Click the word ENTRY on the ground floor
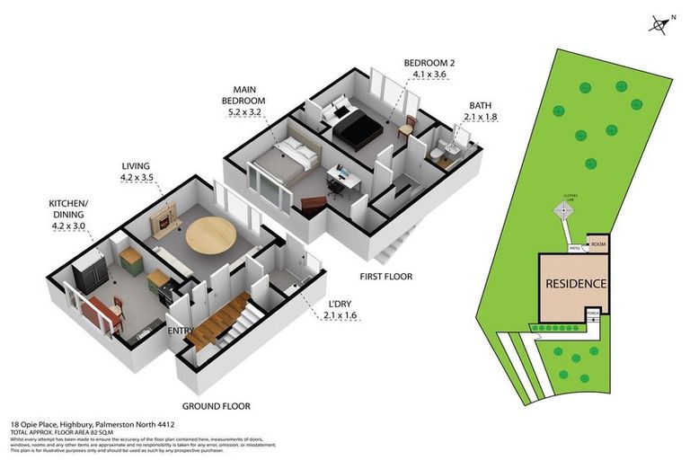tap(181, 332)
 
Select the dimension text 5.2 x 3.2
tap(243, 112)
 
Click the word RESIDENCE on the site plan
tap(576, 284)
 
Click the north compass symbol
tap(660, 24)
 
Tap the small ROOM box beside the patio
tap(597, 243)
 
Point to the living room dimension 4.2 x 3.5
tap(140, 178)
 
